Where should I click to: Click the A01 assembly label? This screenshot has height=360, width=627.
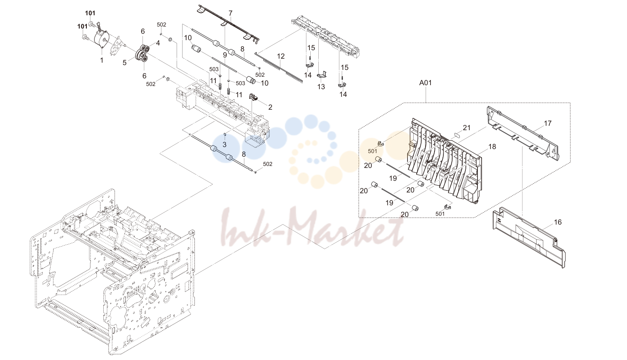425,83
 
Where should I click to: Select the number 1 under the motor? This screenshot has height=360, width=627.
102,60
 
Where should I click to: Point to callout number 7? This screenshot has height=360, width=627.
230,13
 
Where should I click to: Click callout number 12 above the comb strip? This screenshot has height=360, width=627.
281,56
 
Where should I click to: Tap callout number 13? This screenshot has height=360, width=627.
321,87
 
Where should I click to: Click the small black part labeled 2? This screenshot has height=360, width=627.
253,97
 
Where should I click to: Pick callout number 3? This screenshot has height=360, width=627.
225,145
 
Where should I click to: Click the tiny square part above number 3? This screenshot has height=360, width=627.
225,135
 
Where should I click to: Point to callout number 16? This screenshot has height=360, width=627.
558,222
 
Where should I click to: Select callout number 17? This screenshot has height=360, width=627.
548,123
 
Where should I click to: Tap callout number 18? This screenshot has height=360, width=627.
492,147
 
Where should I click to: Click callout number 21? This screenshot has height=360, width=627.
467,127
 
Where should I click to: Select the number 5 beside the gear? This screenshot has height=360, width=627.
125,63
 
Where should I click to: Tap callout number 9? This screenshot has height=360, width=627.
225,55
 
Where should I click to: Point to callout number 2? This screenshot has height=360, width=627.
270,107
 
